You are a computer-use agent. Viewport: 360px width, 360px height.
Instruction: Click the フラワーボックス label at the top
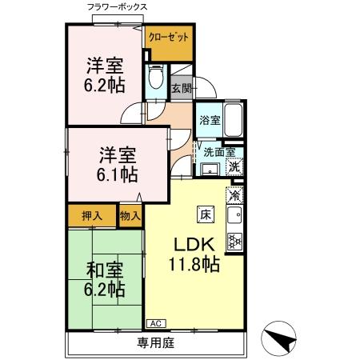tap(118, 7)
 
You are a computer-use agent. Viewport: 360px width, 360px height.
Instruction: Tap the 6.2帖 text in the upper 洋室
tap(105, 82)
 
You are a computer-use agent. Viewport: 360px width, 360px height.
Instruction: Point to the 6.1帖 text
tap(118, 173)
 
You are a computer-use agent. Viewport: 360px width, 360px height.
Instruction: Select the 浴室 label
tap(208, 122)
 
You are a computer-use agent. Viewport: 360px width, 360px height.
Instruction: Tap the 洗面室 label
tap(217, 151)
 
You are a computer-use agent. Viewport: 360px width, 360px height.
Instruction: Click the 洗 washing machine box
tap(234, 167)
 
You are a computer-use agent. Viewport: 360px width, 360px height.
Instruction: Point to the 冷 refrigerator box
tap(235, 194)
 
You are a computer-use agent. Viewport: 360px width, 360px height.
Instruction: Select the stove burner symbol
tap(235, 239)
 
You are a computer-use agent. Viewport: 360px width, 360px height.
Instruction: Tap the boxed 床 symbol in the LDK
tap(204, 214)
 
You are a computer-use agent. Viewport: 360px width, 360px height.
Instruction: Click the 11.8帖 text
tap(194, 263)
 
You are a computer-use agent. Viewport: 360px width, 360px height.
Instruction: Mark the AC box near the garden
tap(155, 323)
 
